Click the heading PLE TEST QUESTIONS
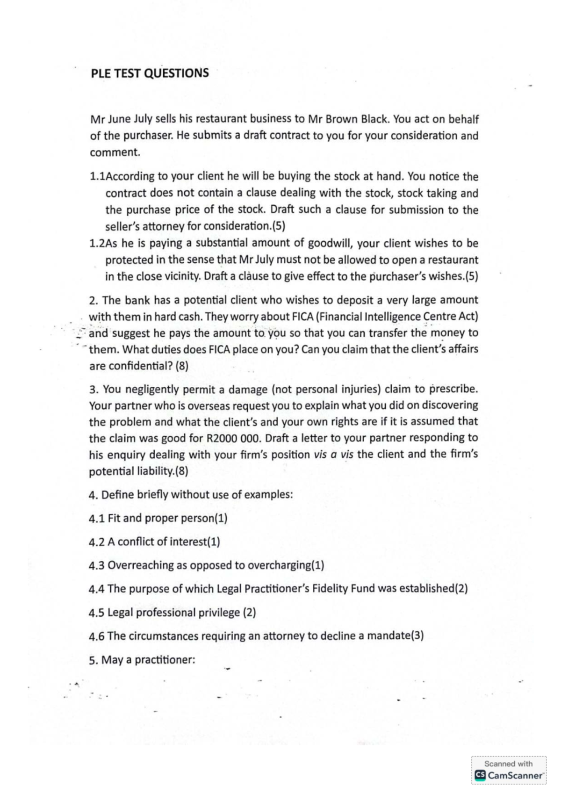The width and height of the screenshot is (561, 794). click(150, 73)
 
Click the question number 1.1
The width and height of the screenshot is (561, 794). click(97, 177)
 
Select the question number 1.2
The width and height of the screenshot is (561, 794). click(97, 244)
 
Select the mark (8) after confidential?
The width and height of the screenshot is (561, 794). click(182, 366)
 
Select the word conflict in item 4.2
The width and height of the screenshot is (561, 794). click(136, 542)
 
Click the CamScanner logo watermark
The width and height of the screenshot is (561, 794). click(509, 775)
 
